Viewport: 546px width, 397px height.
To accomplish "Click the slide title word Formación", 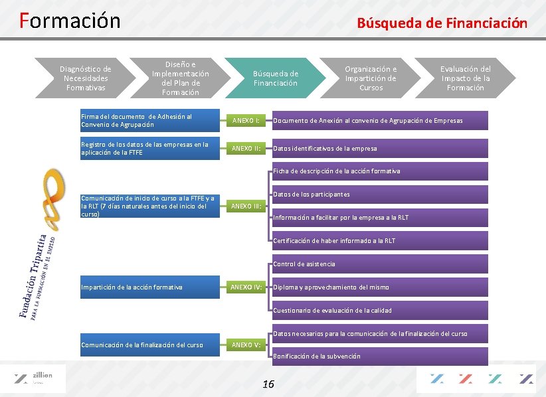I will (x=70, y=21).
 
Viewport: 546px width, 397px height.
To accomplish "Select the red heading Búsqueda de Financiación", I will (x=442, y=23).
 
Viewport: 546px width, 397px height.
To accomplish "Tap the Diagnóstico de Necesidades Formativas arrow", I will (x=85, y=78).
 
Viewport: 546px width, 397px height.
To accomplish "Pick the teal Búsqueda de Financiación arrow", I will (x=276, y=78).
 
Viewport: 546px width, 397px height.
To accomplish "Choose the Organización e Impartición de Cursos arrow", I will (x=371, y=78).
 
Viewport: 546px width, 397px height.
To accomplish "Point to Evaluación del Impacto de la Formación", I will (x=465, y=78).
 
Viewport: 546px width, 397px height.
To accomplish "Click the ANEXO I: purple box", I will (x=246, y=121).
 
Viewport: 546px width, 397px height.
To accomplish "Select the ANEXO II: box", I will (x=246, y=148).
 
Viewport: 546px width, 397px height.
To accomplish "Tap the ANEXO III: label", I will (x=246, y=206).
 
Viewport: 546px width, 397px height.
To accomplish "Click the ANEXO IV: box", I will (x=246, y=287).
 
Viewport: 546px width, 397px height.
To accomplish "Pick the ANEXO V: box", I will (x=246, y=345).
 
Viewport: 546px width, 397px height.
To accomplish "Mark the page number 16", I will (x=268, y=384).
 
